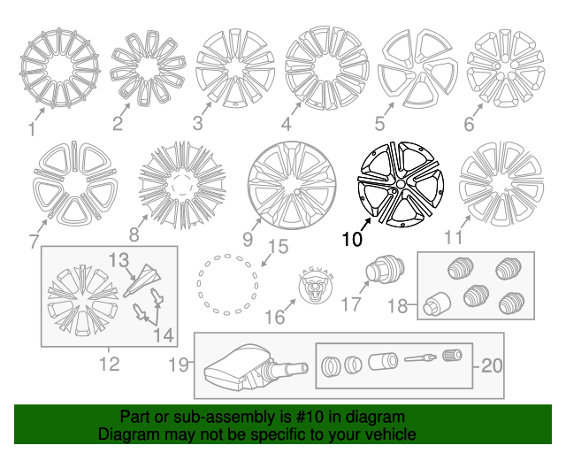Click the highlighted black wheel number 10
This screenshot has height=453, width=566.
click(401, 183)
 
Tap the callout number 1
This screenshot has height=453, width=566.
click(32, 130)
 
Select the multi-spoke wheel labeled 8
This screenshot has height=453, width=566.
click(183, 185)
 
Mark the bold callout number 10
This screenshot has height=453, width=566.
click(352, 239)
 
